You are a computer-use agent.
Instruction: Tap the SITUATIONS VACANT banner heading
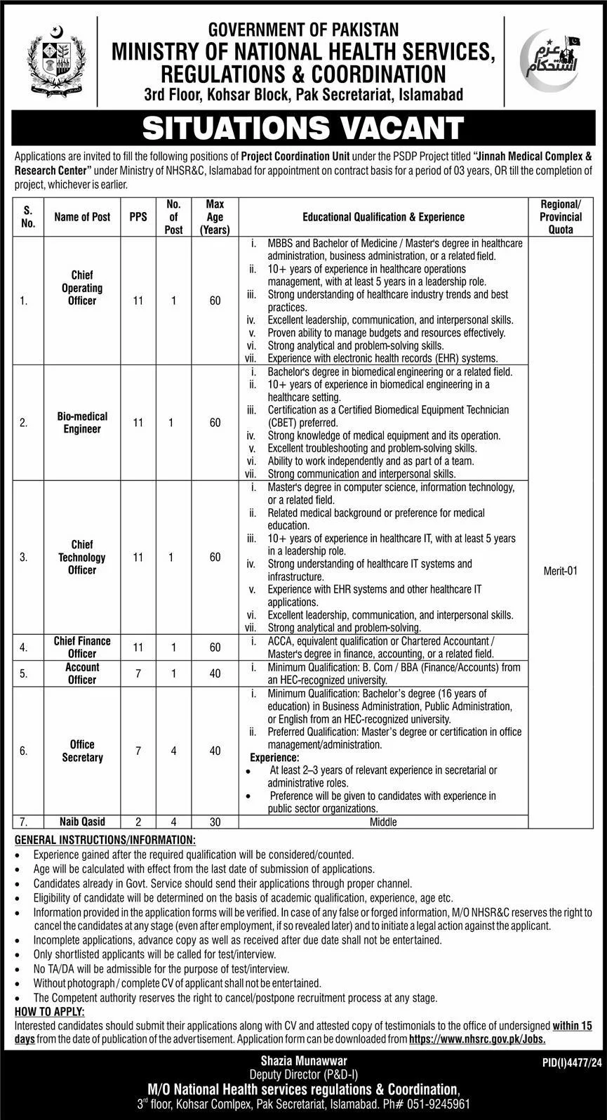pos(303,129)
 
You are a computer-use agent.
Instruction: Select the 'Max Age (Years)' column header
pos(215,217)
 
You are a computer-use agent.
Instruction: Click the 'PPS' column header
pos(138,217)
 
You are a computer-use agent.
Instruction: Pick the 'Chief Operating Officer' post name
pos(82,288)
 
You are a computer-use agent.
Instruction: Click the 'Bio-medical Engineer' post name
pos(82,423)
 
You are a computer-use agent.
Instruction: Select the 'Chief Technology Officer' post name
pos(82,558)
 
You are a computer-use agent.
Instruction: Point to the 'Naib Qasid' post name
pos(82,822)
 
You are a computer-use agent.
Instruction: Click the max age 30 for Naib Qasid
pos(215,822)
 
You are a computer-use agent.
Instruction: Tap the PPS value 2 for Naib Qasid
pos(138,822)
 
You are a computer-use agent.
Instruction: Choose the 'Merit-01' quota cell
pos(561,571)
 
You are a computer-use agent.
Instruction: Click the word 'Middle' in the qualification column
pos(383,822)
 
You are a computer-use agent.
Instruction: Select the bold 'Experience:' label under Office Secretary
pos(274,758)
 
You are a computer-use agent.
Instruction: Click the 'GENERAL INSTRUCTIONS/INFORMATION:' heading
pos(105,840)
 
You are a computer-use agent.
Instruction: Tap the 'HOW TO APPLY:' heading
pos(49,1012)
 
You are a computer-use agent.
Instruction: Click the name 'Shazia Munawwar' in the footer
pos(303,1061)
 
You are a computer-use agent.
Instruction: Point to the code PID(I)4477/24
pos(571,1065)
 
